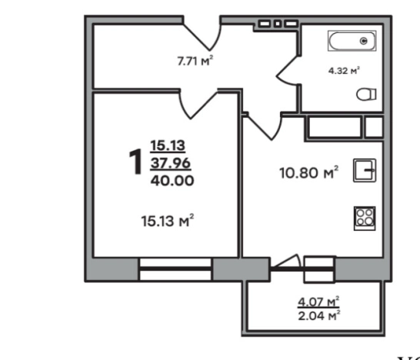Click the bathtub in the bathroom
coord(352,41)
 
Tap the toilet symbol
coord(366,95)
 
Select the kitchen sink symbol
coord(365,170)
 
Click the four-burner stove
coord(365,218)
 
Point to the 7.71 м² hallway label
coord(195,61)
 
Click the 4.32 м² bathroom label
coord(344,71)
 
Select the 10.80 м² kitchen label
coord(308,172)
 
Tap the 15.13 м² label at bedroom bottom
coord(168,221)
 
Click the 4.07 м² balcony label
coord(318,302)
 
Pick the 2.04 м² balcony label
coord(319,315)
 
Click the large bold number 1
coord(136,162)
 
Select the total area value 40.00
coord(172,180)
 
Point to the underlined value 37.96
coord(171,163)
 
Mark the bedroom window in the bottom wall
coord(175,268)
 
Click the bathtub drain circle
coord(364,41)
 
